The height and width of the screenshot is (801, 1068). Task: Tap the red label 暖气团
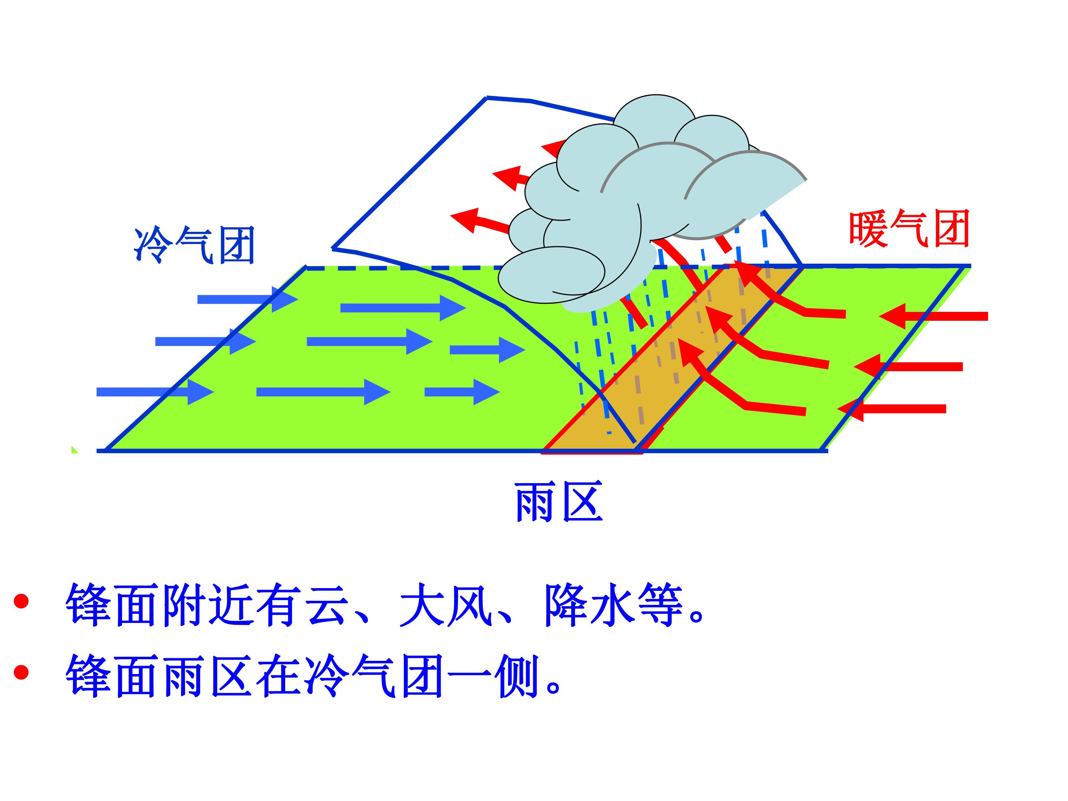tap(910, 229)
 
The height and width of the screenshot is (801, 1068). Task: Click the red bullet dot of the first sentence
tap(21, 601)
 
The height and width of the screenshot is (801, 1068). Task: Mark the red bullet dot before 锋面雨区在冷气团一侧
tap(21, 672)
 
